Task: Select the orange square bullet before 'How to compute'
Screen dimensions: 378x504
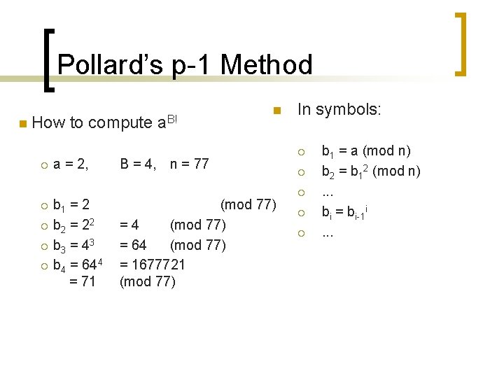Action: coord(22,124)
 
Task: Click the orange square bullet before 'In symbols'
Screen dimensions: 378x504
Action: coord(276,110)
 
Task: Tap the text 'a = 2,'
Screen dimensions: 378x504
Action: coord(71,164)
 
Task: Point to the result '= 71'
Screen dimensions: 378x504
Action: coord(83,282)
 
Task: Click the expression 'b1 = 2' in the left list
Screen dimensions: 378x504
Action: coord(71,206)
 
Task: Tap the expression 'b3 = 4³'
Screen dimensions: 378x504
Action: coord(74,245)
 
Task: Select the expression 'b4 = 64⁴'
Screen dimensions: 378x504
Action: coord(78,265)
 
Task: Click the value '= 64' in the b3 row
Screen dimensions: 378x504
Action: coord(134,245)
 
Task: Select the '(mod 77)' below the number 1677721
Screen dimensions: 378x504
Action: coord(148,282)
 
